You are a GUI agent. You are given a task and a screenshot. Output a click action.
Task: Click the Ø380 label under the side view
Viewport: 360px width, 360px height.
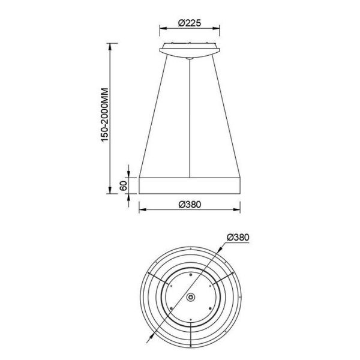pyautogui.click(x=189, y=203)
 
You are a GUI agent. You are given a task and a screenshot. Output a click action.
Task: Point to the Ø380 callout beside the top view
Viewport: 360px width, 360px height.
pyautogui.click(x=238, y=236)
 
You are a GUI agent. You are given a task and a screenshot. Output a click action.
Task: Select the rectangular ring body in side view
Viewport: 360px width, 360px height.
pyautogui.click(x=190, y=185)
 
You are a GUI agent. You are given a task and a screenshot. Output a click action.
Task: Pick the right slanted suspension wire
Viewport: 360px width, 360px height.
pyautogui.click(x=227, y=114)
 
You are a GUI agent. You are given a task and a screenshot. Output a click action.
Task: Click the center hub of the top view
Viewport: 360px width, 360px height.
pyautogui.click(x=190, y=298)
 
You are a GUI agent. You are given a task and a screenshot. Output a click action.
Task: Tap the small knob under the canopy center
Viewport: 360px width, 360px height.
pyautogui.click(x=190, y=58)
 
